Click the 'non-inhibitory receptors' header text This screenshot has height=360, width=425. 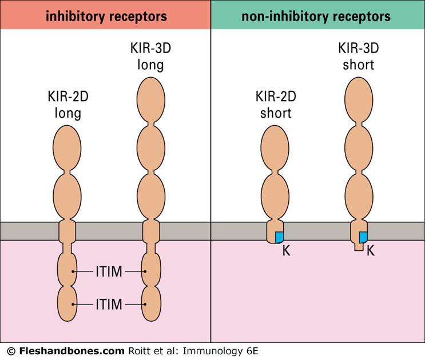(x=316, y=15)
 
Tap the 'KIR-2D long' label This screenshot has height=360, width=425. (x=68, y=105)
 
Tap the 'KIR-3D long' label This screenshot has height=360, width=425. (x=150, y=57)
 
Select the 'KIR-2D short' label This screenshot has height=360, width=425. (x=276, y=105)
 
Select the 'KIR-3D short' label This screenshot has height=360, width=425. (x=358, y=57)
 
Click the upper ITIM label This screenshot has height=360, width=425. (x=108, y=272)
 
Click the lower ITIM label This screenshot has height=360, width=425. (x=108, y=304)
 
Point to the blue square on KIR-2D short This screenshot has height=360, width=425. (x=280, y=237)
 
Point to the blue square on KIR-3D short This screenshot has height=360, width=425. (x=363, y=237)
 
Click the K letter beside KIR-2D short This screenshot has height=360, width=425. (x=287, y=250)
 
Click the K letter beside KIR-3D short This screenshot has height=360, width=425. (x=370, y=250)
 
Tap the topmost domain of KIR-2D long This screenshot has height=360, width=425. (x=67, y=147)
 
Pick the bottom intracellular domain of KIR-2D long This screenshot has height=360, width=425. (x=67, y=303)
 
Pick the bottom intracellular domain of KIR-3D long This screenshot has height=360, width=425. (x=150, y=303)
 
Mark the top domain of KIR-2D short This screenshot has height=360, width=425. (x=276, y=147)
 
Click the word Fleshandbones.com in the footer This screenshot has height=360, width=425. (x=71, y=350)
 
